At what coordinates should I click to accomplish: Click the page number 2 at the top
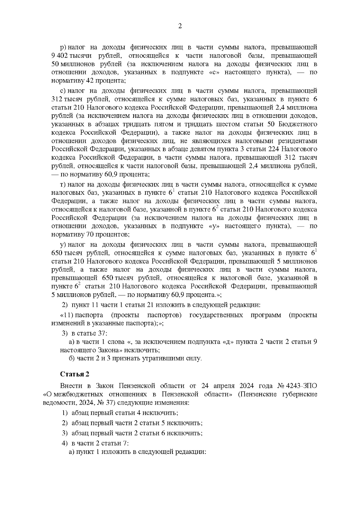pyautogui.click(x=180, y=26)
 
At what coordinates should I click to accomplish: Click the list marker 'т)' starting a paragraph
pyautogui.click(x=63, y=184)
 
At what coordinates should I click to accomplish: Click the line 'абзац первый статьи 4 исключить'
pyautogui.click(x=124, y=413)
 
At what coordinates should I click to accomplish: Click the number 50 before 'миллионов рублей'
pyautogui.click(x=55, y=64)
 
